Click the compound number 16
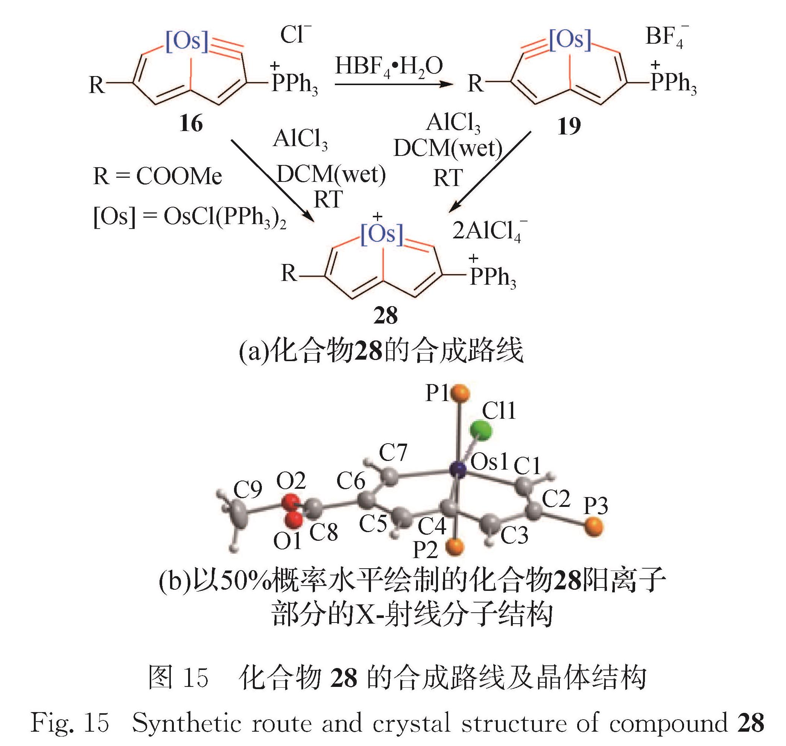click(191, 124)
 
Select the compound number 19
click(569, 127)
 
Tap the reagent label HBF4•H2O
click(389, 67)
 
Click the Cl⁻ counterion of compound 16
click(295, 35)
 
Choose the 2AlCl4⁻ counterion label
click(489, 230)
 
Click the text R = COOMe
click(157, 176)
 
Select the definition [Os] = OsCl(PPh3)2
click(190, 217)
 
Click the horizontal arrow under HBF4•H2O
click(394, 84)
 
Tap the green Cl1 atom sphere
click(481, 431)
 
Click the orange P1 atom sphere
click(461, 393)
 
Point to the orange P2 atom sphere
click(455, 547)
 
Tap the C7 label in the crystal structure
click(392, 452)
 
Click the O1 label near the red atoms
click(287, 541)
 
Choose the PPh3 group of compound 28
click(493, 277)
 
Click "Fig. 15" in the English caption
click(70, 723)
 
